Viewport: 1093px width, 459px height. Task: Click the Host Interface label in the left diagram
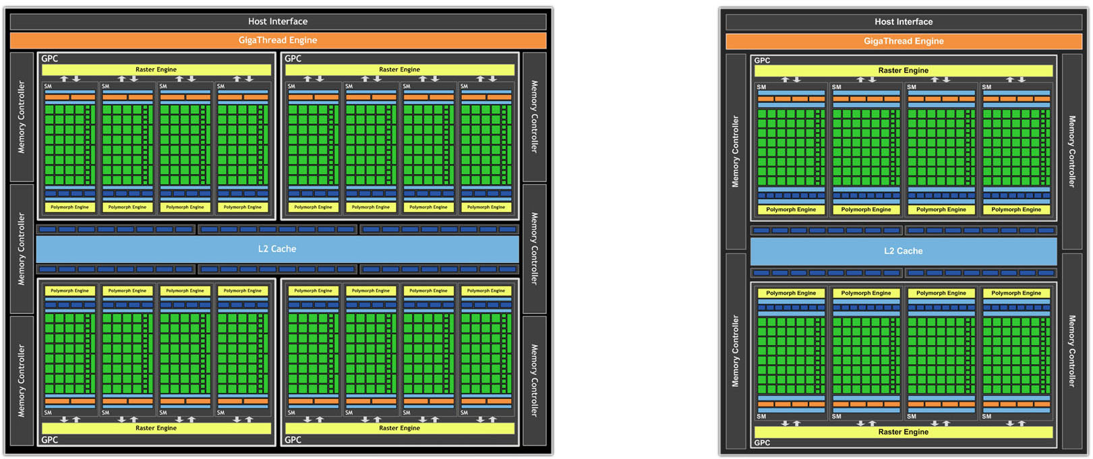(277, 22)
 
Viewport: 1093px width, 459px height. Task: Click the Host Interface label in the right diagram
(904, 22)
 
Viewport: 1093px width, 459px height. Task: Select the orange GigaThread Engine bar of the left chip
(277, 40)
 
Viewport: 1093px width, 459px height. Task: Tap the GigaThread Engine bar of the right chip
(904, 41)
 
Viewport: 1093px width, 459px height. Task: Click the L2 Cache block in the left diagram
(277, 249)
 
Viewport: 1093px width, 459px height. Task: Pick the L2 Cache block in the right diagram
(904, 251)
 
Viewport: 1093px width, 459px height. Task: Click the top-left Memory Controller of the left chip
(22, 117)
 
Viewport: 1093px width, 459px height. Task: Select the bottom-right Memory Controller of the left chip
(534, 380)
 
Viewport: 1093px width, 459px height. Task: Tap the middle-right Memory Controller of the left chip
(534, 249)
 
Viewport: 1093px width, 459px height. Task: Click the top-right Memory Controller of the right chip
(1071, 151)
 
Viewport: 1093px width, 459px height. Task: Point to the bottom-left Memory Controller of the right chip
(736, 350)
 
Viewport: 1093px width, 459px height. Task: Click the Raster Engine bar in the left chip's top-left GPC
(156, 69)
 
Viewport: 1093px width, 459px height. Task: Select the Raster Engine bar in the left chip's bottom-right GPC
(399, 428)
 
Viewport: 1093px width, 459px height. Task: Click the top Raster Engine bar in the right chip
(903, 70)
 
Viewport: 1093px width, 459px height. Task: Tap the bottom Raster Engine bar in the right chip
(903, 432)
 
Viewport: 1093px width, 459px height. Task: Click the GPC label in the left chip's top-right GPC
(293, 59)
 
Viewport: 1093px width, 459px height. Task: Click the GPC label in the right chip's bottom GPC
(763, 443)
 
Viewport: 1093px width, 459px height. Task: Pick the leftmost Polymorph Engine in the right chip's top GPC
(791, 210)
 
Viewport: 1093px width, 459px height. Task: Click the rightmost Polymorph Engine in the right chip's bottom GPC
(1016, 293)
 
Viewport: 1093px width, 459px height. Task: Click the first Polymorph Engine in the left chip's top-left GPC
(69, 207)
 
